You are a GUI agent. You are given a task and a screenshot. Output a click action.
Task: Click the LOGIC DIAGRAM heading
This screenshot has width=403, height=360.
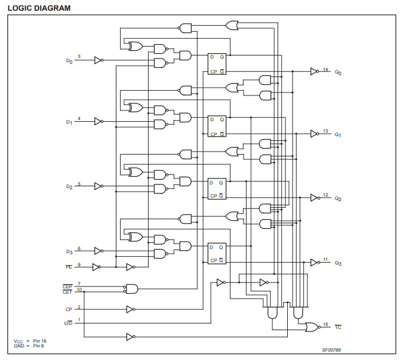39,8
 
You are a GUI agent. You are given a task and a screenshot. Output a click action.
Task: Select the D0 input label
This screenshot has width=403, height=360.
69,61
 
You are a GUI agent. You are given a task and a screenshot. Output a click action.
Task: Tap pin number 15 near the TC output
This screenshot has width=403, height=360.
325,324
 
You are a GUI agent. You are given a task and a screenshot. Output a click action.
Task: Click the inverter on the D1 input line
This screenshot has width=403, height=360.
99,122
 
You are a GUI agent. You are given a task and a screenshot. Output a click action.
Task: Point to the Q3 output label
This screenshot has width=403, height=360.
338,263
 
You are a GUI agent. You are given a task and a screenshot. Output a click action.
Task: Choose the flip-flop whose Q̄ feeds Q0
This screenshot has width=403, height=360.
217,64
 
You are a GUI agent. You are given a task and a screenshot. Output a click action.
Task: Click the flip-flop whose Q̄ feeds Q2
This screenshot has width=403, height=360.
217,189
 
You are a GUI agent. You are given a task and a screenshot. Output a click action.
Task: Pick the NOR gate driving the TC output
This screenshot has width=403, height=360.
312,327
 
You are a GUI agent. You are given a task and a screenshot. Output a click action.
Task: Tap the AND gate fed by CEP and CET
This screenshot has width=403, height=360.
131,289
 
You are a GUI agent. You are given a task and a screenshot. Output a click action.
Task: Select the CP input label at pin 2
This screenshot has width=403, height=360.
69,309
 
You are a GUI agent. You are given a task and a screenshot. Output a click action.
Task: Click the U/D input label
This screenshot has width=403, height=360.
68,323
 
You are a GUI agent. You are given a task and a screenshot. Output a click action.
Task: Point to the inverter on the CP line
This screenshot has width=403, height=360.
131,309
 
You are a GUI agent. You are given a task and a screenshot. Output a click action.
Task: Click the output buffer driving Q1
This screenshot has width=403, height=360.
315,134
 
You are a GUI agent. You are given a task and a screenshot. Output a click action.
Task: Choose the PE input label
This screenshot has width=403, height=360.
69,267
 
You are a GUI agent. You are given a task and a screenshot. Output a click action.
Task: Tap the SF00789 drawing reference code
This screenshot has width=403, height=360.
331,350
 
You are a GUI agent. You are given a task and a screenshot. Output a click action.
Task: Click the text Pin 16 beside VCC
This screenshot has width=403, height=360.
39,341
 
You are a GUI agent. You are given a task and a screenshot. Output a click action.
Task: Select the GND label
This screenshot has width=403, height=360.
19,346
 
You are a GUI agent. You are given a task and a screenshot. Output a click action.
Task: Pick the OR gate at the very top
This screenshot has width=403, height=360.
232,26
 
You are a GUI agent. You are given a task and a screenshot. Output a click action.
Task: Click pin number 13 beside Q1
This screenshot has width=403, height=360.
325,131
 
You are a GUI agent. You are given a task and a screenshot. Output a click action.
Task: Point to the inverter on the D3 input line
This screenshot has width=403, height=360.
99,251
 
